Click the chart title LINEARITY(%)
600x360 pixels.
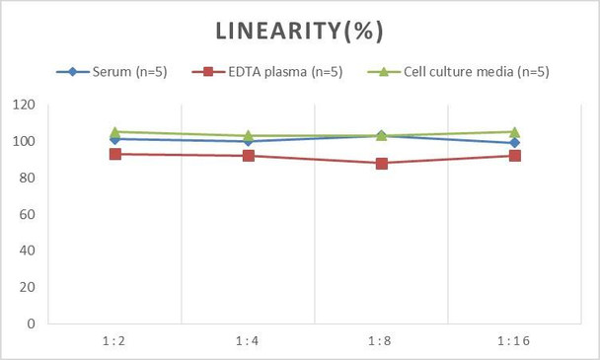click(299, 31)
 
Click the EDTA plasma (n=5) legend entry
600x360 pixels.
click(268, 71)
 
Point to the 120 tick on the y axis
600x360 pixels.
click(24, 106)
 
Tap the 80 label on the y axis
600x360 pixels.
click(27, 179)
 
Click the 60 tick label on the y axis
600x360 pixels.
click(27, 214)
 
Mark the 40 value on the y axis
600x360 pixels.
click(27, 251)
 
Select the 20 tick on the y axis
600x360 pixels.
click(27, 287)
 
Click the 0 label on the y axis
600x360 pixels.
click(31, 324)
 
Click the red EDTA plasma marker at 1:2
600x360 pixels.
click(115, 154)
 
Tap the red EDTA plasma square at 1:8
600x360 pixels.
click(381, 164)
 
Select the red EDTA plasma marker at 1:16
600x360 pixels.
click(514, 156)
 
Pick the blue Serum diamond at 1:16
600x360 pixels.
click(514, 143)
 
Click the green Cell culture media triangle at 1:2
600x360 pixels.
click(115, 131)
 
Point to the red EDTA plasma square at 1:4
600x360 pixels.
click(248, 156)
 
